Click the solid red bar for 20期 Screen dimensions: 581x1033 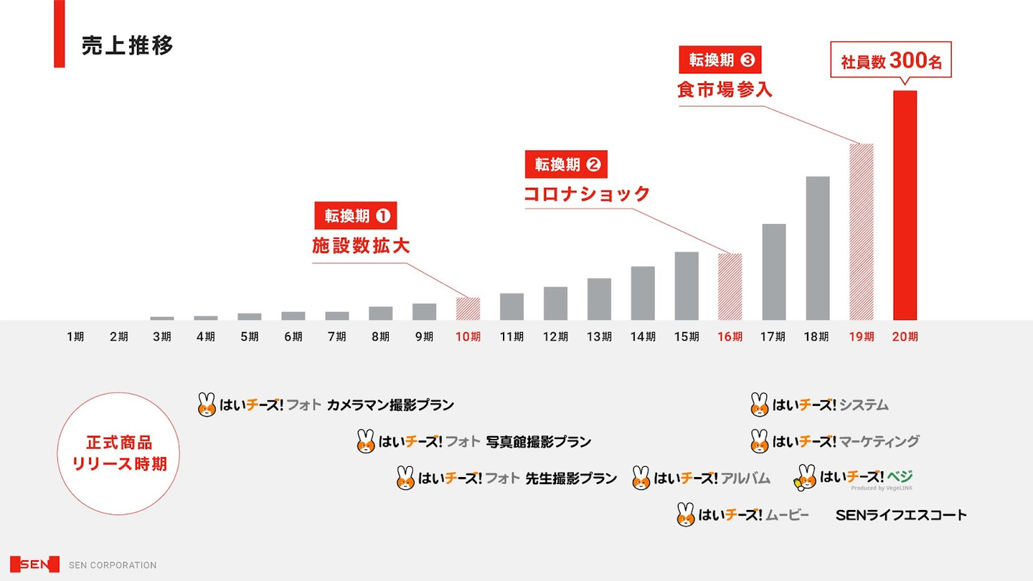(905, 205)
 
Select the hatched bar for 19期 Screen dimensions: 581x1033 (861, 232)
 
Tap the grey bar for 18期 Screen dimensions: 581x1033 (817, 248)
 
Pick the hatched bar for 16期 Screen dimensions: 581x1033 (730, 287)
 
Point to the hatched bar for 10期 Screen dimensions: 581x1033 (468, 309)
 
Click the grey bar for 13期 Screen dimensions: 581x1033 (599, 299)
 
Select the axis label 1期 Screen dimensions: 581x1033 (75, 336)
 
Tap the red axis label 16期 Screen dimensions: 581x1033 (730, 336)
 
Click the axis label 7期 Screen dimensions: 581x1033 (337, 336)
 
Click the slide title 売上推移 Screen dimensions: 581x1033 (128, 46)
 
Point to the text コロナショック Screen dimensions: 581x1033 (587, 194)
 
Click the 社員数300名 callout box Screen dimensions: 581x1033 (891, 60)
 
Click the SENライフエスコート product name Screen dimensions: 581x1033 (901, 515)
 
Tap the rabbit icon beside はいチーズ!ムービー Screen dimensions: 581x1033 (686, 514)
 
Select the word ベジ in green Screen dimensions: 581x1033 (900, 476)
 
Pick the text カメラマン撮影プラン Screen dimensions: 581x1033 (390, 405)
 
